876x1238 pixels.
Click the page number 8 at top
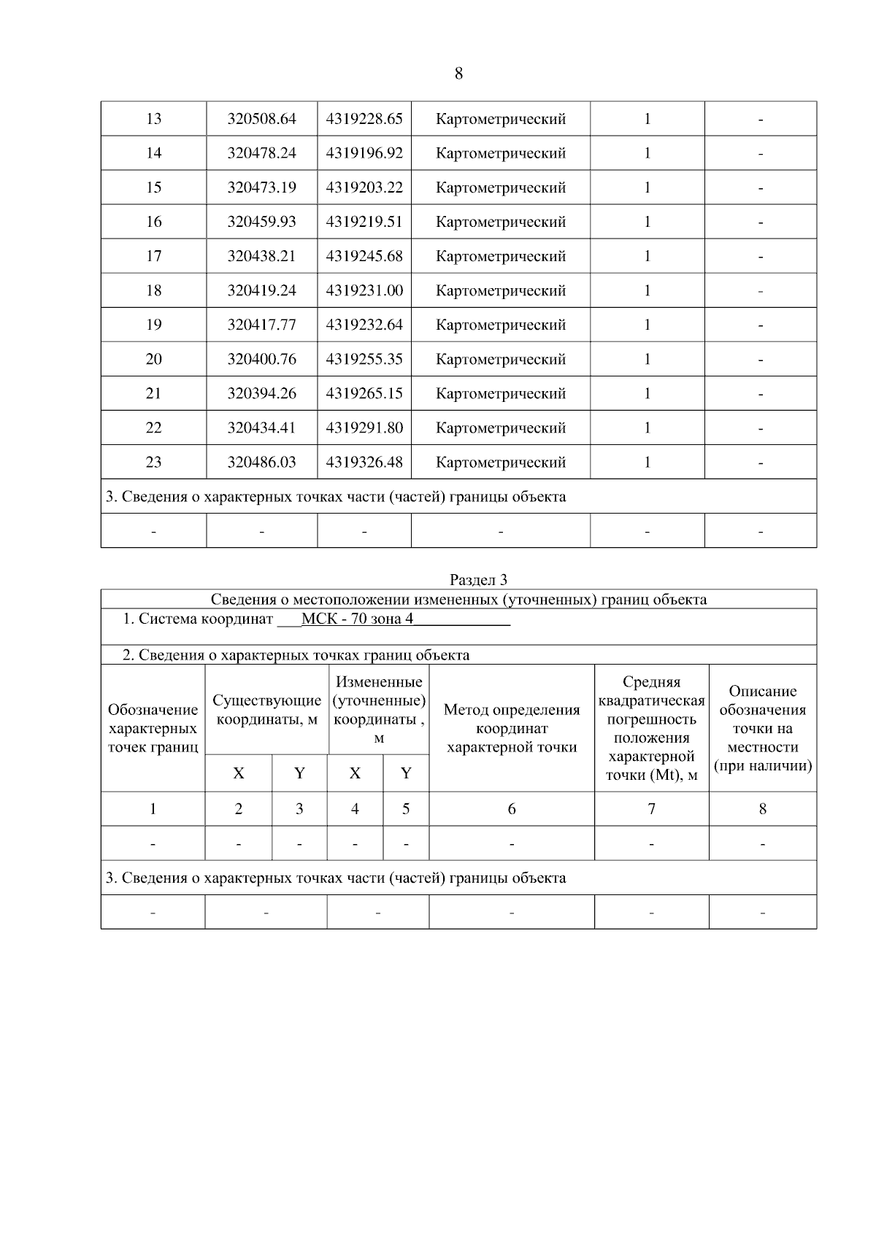458,74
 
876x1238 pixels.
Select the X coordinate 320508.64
261,119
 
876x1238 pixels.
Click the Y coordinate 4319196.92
364,153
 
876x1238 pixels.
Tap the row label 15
153,187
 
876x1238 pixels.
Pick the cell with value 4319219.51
364,222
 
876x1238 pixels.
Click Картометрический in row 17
500,256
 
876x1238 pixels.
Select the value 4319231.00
364,290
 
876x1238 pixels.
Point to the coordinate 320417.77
261,325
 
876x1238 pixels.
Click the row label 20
153,359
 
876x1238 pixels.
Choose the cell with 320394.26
261,393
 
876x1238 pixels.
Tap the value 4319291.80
364,428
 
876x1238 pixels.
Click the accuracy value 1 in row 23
647,462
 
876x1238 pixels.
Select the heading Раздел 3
478,580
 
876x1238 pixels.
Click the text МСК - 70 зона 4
357,619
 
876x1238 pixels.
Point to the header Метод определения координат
511,728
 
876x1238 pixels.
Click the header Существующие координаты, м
266,710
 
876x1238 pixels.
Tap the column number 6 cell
511,808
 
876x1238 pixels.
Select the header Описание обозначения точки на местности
762,728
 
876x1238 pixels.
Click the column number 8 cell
762,808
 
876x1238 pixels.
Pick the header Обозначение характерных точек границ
153,728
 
